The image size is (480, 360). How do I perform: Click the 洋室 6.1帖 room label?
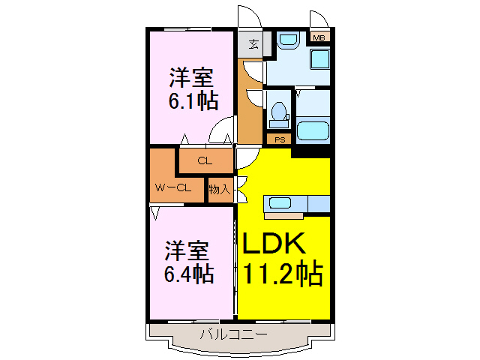pyautogui.click(x=190, y=88)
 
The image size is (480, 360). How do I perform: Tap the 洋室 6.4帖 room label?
pyautogui.click(x=188, y=262)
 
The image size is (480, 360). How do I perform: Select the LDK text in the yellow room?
pyautogui.click(x=273, y=244)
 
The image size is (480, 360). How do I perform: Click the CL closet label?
pyautogui.click(x=204, y=160)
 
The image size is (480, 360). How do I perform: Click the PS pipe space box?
pyautogui.click(x=280, y=139)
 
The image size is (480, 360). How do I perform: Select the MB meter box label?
pyautogui.click(x=319, y=37)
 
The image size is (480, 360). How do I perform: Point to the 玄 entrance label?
pyautogui.click(x=253, y=42)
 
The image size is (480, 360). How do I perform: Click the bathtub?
pyautogui.click(x=313, y=130)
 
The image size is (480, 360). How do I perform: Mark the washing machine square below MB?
pyautogui.click(x=321, y=60)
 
